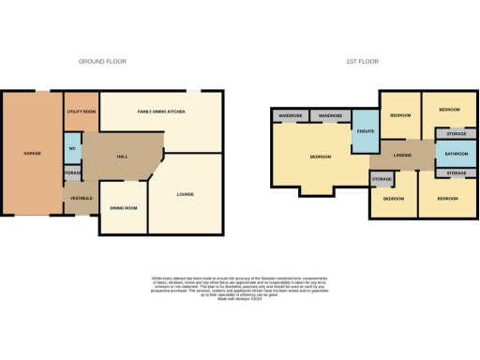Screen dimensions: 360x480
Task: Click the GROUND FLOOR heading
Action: coord(102,62)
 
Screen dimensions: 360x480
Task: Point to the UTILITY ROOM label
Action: coord(82,112)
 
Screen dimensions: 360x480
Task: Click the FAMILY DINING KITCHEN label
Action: coord(161,112)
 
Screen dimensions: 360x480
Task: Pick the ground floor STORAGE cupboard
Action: coord(72,173)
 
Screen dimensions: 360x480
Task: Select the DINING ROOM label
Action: coord(124,208)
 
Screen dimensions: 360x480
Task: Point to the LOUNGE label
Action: coord(185,194)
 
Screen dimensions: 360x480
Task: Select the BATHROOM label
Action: coord(456,154)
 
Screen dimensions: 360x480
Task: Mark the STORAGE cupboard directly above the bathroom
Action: coord(456,134)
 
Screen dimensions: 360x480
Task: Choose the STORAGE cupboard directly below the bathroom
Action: coord(456,173)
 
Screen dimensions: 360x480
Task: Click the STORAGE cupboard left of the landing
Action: coord(381,178)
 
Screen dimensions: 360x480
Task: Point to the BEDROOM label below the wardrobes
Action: coord(321,157)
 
